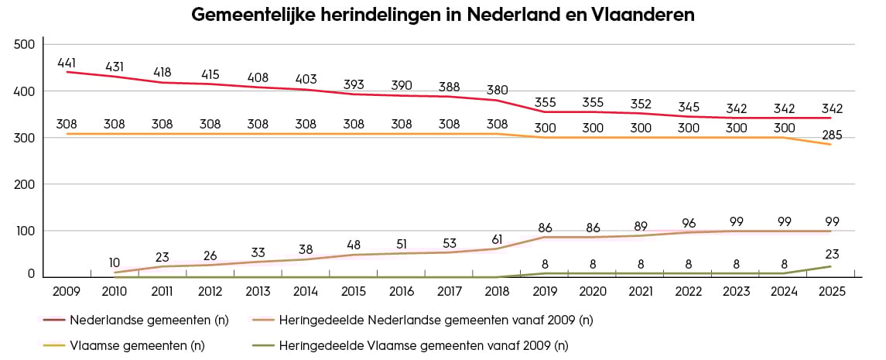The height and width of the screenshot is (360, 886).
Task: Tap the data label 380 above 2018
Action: tap(498, 90)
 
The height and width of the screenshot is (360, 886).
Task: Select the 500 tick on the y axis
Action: tap(25, 45)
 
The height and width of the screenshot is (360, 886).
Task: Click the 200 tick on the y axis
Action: tap(25, 185)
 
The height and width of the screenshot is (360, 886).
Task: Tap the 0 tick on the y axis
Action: tap(32, 273)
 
